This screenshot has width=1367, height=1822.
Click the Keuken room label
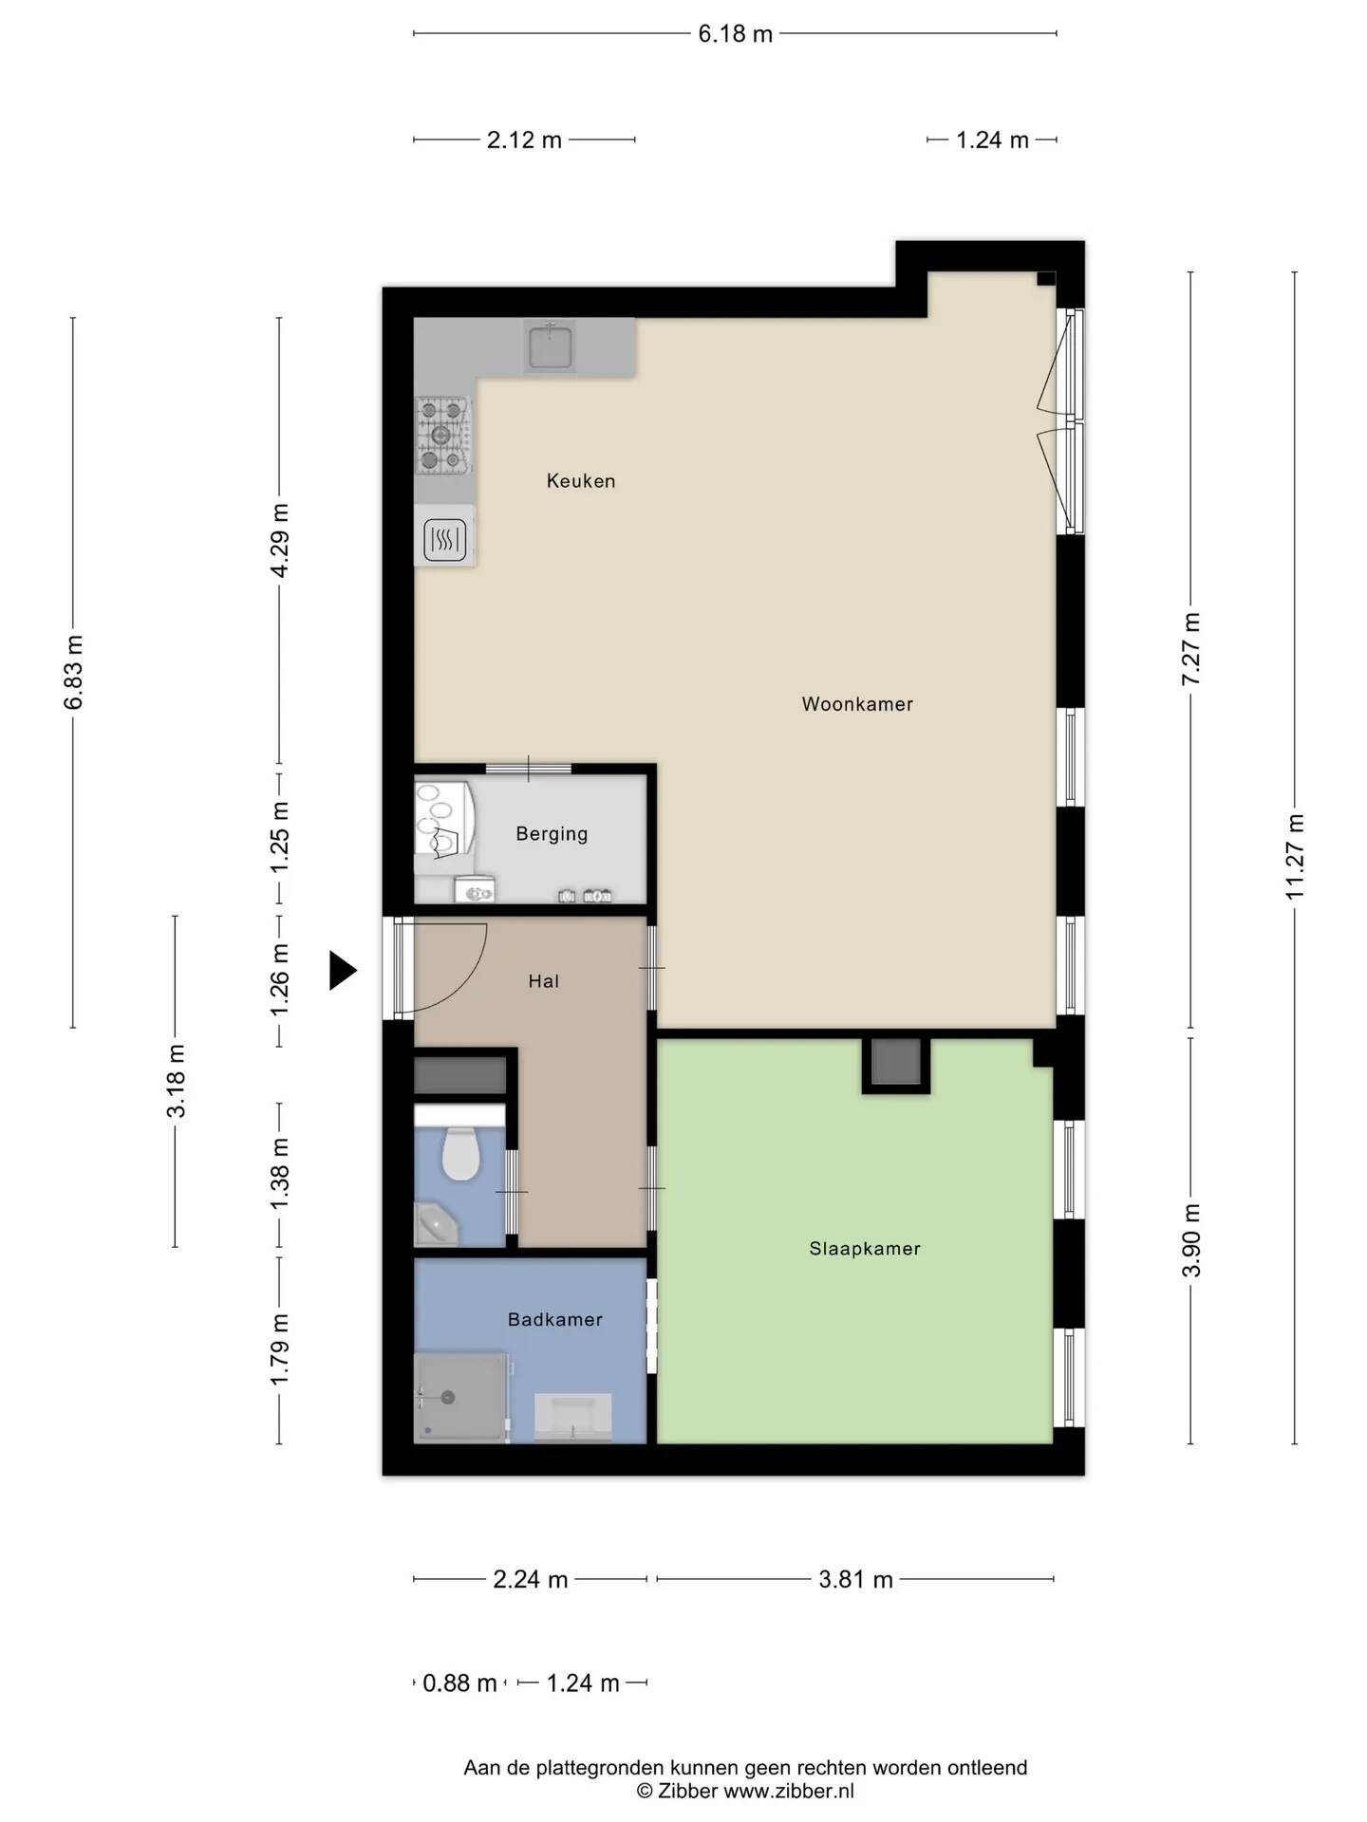click(581, 481)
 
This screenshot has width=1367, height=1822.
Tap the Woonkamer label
click(857, 704)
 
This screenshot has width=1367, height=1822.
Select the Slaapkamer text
click(865, 1249)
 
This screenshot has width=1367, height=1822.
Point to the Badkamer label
click(555, 1319)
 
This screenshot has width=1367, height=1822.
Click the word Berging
click(552, 834)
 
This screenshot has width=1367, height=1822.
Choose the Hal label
click(544, 981)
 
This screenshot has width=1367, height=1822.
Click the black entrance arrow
click(343, 971)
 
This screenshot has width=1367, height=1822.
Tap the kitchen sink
click(551, 346)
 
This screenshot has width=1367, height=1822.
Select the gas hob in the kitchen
click(443, 435)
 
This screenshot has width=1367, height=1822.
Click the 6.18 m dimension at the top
click(736, 34)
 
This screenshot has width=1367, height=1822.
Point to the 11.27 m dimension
click(1295, 857)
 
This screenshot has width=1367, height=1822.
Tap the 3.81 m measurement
click(855, 1579)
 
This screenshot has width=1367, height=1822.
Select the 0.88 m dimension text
click(459, 1683)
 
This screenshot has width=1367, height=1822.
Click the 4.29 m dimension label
click(280, 540)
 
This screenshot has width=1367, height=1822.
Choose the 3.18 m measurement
click(177, 1080)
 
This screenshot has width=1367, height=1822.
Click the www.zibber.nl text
click(789, 1791)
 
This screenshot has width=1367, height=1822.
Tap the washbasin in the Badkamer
click(572, 1416)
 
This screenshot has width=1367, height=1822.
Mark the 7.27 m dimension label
click(1191, 648)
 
